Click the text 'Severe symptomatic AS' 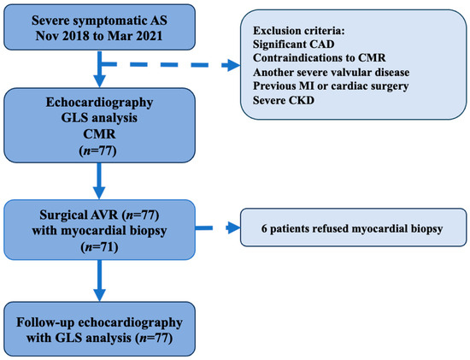click(101, 18)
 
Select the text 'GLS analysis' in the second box click(101, 125)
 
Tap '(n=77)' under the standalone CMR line click(101, 157)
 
